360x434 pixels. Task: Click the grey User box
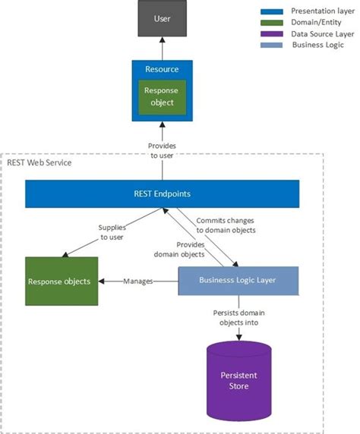162,18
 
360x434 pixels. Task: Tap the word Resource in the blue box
162,69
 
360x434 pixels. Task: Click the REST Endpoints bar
163,193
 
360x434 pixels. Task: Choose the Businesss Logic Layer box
238,281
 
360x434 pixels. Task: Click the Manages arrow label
138,281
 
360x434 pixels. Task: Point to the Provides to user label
162,149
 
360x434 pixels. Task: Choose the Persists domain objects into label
239,317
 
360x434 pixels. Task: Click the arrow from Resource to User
162,49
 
